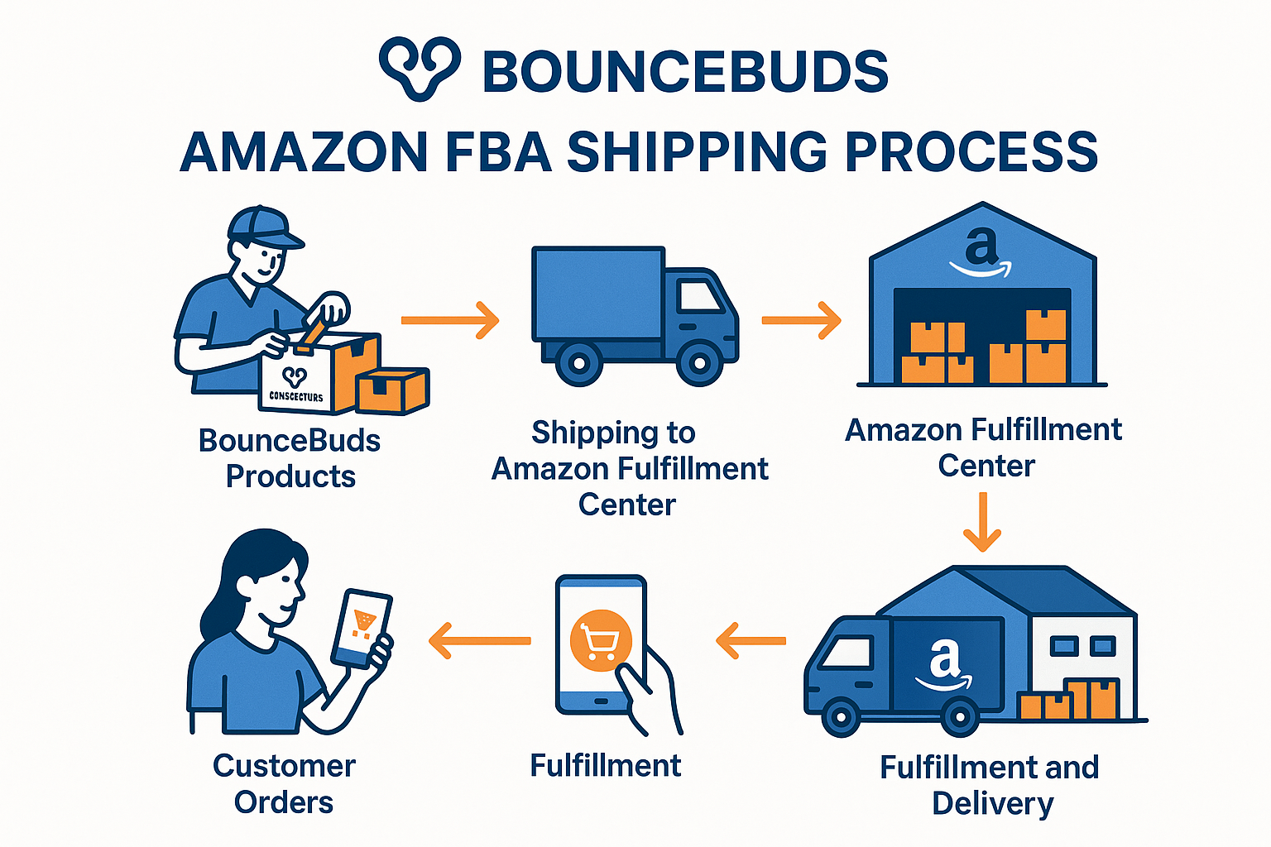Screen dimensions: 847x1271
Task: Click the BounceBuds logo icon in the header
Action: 419,69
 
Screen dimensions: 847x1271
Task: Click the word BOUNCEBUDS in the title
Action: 685,71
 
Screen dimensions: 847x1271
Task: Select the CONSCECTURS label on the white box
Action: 296,396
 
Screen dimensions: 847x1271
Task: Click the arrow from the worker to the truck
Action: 450,320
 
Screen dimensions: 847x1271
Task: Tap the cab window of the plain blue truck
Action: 699,294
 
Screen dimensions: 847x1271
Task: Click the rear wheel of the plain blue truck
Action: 578,362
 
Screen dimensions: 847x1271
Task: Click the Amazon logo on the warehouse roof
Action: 981,252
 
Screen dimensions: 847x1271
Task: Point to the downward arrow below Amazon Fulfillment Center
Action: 982,522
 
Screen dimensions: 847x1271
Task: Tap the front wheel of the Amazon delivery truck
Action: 841,717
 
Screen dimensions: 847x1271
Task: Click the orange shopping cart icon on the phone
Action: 601,640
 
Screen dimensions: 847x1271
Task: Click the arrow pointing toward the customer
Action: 479,640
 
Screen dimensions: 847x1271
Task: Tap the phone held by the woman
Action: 362,629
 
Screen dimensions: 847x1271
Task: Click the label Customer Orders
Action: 284,783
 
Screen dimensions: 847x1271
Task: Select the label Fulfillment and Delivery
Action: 990,785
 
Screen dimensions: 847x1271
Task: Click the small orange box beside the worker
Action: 392,390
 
